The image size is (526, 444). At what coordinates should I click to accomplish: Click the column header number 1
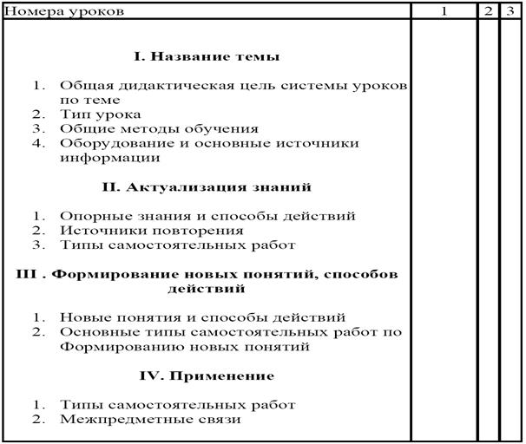pyautogui.click(x=444, y=11)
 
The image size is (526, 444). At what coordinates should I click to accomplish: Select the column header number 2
pyautogui.click(x=489, y=11)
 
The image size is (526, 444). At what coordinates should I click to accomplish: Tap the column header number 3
pyautogui.click(x=510, y=11)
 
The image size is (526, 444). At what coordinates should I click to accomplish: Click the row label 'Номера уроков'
pyautogui.click(x=65, y=11)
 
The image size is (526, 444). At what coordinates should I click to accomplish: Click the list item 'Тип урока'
pyautogui.click(x=100, y=114)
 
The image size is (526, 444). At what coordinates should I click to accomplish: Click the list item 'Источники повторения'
pyautogui.click(x=151, y=231)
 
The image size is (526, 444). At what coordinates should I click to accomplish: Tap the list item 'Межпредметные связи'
pyautogui.click(x=150, y=420)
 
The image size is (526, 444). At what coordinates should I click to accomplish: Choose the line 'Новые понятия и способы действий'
pyautogui.click(x=202, y=317)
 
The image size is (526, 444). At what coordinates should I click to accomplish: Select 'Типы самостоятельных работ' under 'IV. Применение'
pyautogui.click(x=178, y=405)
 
